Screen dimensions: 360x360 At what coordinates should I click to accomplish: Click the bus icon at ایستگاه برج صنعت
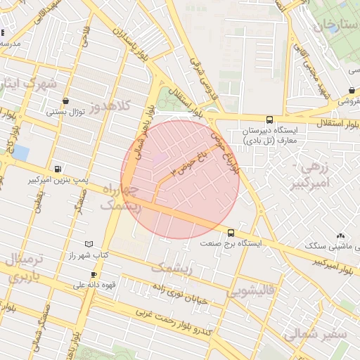pos(231,233)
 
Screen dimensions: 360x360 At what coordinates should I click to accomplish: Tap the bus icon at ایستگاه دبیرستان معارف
pos(270,120)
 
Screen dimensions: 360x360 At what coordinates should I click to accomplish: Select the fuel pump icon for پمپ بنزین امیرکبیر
pos(58,169)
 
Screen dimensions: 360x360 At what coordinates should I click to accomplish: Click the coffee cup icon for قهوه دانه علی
pos(93,274)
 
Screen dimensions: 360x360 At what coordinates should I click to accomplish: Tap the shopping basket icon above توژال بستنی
pos(65,101)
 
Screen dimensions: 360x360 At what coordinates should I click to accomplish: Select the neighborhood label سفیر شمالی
pos(322,334)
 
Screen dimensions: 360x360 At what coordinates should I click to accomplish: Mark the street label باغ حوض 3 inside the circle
pos(184,162)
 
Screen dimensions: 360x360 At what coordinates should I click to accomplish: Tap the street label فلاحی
pos(86,35)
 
